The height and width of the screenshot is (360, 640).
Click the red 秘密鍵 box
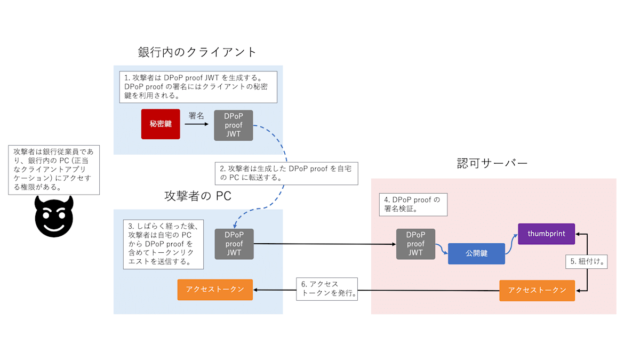pyautogui.click(x=160, y=124)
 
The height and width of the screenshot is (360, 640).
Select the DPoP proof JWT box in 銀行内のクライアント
pyautogui.click(x=234, y=125)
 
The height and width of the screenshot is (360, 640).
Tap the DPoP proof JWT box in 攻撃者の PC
pyautogui.click(x=234, y=244)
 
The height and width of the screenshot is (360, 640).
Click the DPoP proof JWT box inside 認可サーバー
pyautogui.click(x=415, y=244)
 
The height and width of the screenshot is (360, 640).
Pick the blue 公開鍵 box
pyautogui.click(x=476, y=253)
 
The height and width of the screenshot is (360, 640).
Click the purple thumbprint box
pyautogui.click(x=546, y=234)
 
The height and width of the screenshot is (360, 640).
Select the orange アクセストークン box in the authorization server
pyautogui.click(x=537, y=290)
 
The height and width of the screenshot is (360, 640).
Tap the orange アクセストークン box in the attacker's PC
pyautogui.click(x=215, y=289)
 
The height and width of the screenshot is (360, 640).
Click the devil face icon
pyautogui.click(x=54, y=217)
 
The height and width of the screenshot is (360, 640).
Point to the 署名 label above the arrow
pyautogui.click(x=196, y=115)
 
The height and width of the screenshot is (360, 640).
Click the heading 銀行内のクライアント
pyautogui.click(x=197, y=52)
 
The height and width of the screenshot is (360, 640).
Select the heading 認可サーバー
pyautogui.click(x=492, y=163)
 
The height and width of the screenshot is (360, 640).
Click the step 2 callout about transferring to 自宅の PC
pyautogui.click(x=286, y=173)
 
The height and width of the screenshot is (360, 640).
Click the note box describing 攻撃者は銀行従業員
pyautogui.click(x=54, y=169)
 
